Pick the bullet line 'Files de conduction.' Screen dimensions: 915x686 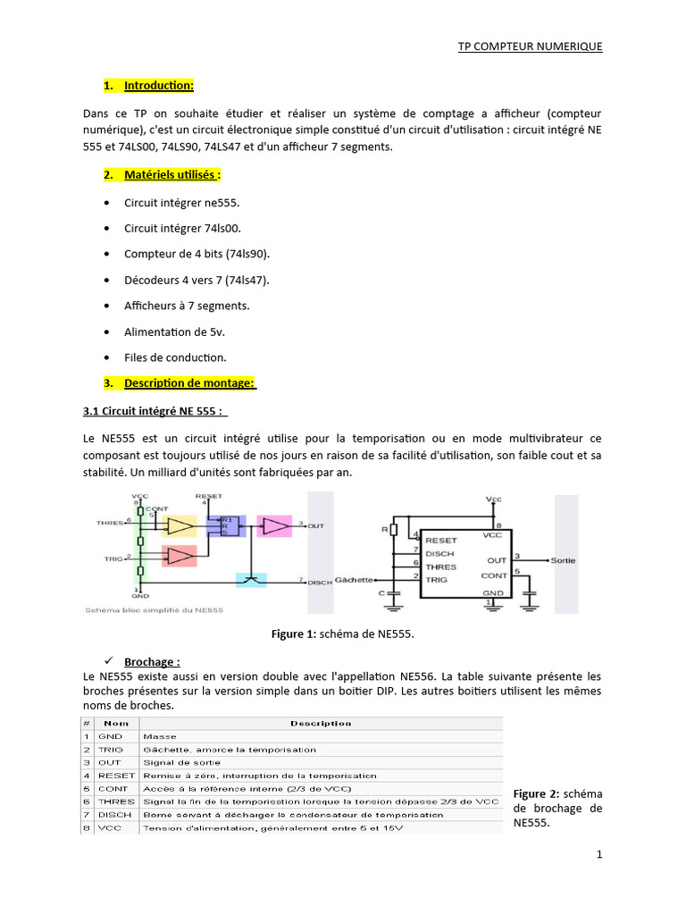[176, 357]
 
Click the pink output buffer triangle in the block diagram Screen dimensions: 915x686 [273, 526]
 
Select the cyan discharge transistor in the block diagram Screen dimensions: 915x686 [251, 581]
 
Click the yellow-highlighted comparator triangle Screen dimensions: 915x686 [180, 526]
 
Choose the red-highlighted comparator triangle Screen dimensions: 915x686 [180, 556]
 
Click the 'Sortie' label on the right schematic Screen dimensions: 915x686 [564, 560]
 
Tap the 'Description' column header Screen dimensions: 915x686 [321, 723]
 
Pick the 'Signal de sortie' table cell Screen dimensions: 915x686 [178, 762]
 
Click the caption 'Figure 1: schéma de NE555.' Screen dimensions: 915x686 [343, 634]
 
